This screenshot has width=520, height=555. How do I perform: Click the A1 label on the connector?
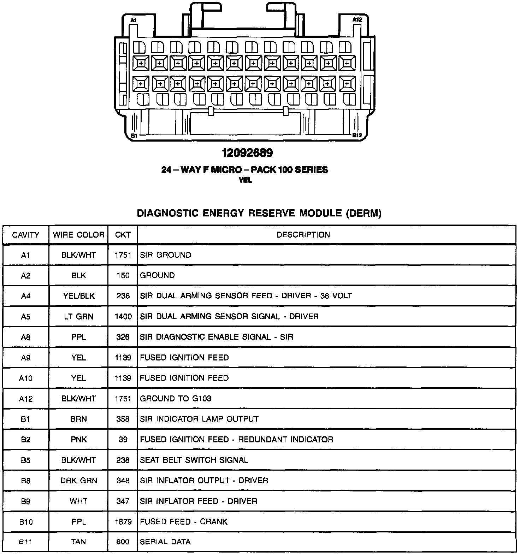click(x=133, y=20)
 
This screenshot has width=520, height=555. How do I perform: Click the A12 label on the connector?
click(x=357, y=20)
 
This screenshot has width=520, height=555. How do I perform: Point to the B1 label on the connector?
click(x=134, y=136)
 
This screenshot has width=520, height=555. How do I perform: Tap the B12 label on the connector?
click(x=357, y=135)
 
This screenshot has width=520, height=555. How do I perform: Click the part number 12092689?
click(x=247, y=153)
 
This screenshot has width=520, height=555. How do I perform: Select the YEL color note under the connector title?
click(x=246, y=180)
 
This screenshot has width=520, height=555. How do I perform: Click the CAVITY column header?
click(x=25, y=235)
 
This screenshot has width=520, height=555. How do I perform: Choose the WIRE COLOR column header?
click(x=78, y=235)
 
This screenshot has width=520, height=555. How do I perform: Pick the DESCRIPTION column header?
click(x=303, y=235)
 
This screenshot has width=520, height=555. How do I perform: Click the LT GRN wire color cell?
click(x=78, y=317)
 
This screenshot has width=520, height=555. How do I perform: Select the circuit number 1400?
click(x=123, y=317)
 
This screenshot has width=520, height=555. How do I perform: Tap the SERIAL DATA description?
click(x=165, y=542)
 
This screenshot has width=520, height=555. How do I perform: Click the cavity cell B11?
click(x=25, y=542)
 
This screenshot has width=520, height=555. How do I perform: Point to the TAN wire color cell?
click(x=78, y=542)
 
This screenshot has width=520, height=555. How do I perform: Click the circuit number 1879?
click(x=123, y=521)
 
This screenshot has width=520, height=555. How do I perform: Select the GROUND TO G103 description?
click(x=176, y=399)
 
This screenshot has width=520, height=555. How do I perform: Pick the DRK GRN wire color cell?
click(x=78, y=481)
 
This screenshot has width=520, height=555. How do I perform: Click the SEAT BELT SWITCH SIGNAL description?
click(x=194, y=460)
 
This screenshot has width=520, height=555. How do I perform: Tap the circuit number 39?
click(x=123, y=440)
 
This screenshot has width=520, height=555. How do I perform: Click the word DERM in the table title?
click(x=363, y=213)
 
